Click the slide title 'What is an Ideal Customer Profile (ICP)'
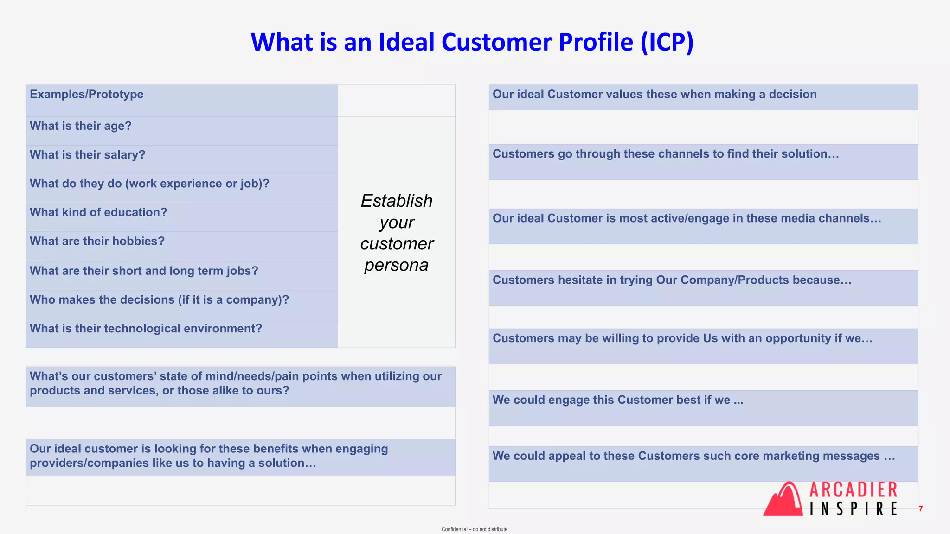(472, 42)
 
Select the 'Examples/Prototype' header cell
(87, 95)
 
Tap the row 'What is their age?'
(81, 126)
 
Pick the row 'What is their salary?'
(88, 155)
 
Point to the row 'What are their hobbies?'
(97, 241)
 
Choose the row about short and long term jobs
(144, 271)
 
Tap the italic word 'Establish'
(397, 201)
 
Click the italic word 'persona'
(396, 265)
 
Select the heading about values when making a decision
(655, 95)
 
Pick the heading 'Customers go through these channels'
(666, 154)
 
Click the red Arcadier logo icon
(783, 499)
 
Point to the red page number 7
(921, 509)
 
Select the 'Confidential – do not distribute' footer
(474, 529)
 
